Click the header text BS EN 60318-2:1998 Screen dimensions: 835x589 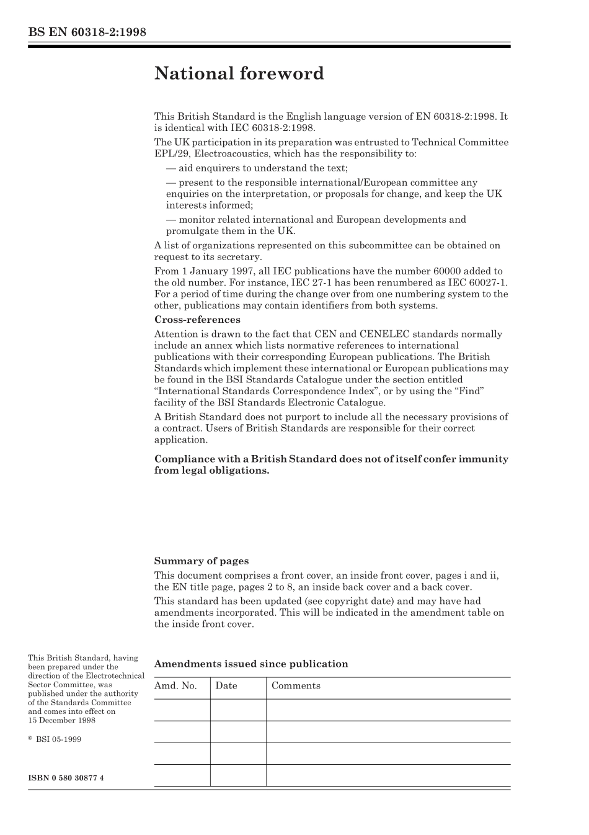(87, 32)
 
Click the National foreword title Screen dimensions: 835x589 (239, 74)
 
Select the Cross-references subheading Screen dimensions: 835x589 (197, 320)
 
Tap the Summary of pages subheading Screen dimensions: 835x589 (201, 561)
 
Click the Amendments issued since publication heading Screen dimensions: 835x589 (250, 664)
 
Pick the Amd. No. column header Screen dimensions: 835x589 (175, 686)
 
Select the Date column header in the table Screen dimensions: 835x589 (226, 686)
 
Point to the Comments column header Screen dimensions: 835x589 (296, 686)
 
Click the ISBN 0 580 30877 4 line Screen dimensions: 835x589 (66, 777)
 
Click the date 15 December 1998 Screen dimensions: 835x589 (61, 720)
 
